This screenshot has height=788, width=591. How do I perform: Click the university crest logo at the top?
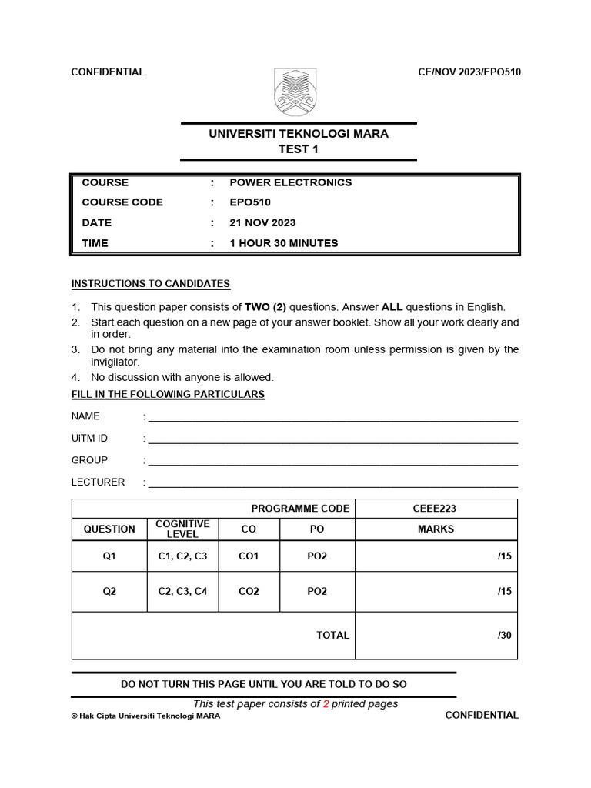tap(295, 91)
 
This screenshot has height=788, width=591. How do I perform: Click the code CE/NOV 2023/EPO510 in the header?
tap(469, 72)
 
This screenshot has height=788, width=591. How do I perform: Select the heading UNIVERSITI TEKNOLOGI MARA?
tap(299, 134)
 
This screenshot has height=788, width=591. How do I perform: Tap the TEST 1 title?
tap(299, 149)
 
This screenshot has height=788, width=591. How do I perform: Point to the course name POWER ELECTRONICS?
tap(290, 182)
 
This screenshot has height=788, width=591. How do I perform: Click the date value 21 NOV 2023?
tap(262, 222)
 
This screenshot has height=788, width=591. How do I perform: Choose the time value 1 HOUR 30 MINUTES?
tap(283, 243)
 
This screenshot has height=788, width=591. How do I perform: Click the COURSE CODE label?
tap(122, 202)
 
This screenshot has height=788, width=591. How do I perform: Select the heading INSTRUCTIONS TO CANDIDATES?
tap(151, 284)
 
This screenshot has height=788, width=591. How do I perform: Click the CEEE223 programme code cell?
tap(436, 508)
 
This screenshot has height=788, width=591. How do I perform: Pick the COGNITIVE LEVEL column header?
tap(182, 529)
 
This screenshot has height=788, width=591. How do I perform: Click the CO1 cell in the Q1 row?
tap(249, 556)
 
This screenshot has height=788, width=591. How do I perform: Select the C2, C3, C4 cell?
tap(182, 592)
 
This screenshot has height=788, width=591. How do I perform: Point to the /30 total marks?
tap(504, 636)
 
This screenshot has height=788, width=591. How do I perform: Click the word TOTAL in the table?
tap(332, 636)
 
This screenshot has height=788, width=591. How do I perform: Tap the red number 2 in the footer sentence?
tap(326, 704)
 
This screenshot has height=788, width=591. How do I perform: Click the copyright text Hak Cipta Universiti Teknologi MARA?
tap(145, 716)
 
